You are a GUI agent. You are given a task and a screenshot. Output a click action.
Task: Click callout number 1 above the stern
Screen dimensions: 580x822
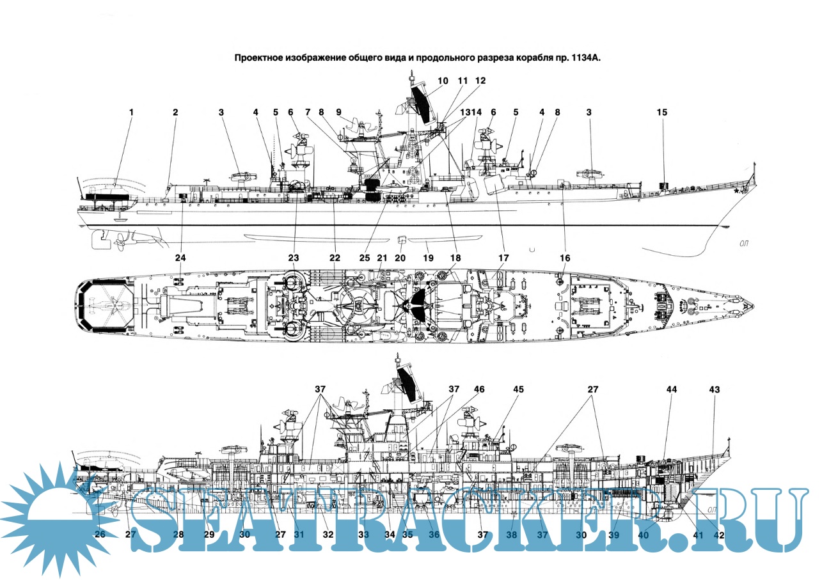(x=131, y=113)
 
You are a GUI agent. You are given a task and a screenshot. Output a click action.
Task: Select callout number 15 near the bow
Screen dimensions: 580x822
(x=661, y=113)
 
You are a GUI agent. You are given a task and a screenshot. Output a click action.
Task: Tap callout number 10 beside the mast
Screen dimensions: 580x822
(x=443, y=81)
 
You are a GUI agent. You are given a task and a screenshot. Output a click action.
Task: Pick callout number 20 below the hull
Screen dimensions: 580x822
(x=400, y=258)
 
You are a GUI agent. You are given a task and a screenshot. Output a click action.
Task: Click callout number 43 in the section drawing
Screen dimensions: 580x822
(x=715, y=389)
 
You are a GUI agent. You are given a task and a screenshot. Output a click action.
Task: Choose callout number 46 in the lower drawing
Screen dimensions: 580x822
(x=479, y=389)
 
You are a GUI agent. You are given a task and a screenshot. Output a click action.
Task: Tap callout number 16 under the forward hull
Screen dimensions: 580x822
(x=564, y=258)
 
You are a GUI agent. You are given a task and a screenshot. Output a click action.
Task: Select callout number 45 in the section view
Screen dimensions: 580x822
(x=518, y=389)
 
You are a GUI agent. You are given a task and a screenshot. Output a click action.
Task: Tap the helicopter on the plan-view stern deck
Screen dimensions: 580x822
(x=106, y=306)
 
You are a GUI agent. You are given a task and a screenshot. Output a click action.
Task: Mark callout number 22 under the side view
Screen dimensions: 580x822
(x=334, y=258)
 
